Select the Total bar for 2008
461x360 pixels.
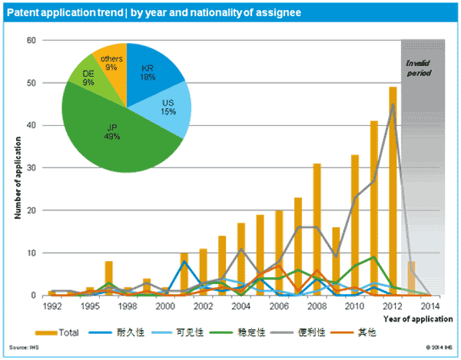(316, 230)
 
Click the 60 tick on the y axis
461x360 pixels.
(32, 40)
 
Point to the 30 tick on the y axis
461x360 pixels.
(32, 167)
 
